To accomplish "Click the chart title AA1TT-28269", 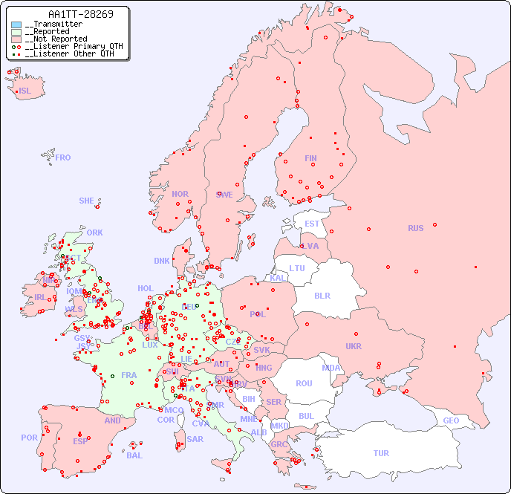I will [x=81, y=14].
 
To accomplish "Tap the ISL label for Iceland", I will [x=25, y=91].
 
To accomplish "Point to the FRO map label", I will [x=63, y=157].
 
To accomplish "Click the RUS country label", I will [x=415, y=228].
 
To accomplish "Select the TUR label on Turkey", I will [x=381, y=453].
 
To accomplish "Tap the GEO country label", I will [x=451, y=420].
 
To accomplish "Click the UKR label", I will [x=354, y=346].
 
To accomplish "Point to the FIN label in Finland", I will [x=310, y=158].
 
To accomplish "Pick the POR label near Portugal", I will [x=29, y=438].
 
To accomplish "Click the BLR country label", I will [x=322, y=295].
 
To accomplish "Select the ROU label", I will [x=304, y=383].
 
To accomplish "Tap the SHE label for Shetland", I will [x=87, y=201].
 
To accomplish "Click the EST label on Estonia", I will [x=312, y=224].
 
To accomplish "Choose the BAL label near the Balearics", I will [x=134, y=455].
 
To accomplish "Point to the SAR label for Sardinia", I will [x=195, y=439].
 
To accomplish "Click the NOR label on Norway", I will [x=180, y=194].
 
